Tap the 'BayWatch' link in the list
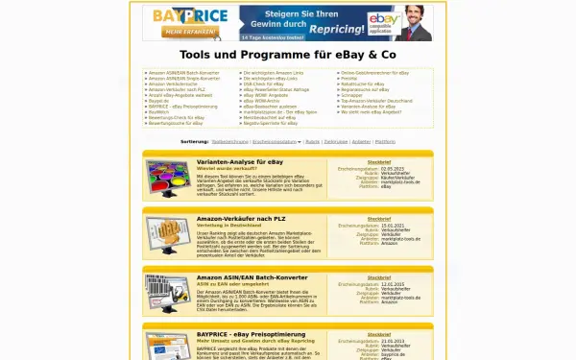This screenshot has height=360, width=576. pos(158,112)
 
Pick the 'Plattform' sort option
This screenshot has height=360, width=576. pos(385,141)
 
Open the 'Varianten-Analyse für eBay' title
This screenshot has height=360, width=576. pos(240,162)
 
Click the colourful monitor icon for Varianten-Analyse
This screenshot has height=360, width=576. pos(169,179)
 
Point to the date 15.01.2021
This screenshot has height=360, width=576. pos(394,226)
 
